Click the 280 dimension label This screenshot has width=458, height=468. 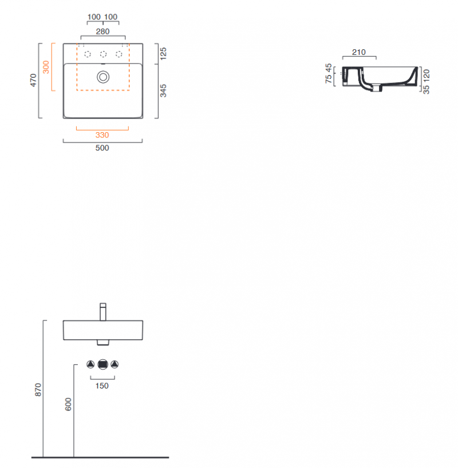102,31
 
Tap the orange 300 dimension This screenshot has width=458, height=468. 46,67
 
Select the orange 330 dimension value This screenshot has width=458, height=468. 102,135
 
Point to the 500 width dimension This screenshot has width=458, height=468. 102,148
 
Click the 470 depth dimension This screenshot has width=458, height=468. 33,80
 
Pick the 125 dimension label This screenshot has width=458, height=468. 163,54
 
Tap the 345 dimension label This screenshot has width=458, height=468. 163,91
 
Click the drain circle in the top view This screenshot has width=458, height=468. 103,77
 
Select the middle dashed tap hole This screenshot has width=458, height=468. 103,54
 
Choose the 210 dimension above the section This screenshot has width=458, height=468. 359,52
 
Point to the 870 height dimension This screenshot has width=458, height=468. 38,390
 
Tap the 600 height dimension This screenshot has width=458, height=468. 69,404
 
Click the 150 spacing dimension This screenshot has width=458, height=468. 102,386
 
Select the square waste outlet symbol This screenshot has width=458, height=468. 103,364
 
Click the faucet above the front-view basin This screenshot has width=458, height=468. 103,312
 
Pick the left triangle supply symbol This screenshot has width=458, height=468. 90,364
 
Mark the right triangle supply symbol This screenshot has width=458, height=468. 114,364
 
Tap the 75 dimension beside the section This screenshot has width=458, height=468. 329,79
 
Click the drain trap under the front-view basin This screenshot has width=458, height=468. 103,342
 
